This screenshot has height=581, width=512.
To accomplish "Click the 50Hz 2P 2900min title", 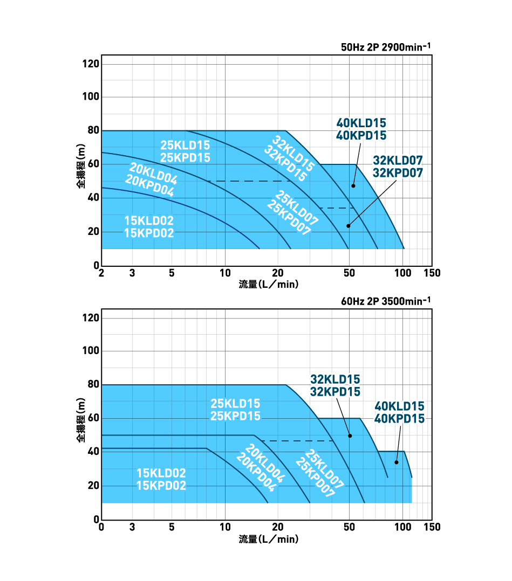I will [x=386, y=47].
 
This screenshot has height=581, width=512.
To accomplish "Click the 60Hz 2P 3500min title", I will [x=386, y=301].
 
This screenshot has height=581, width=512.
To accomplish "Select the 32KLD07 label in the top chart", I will [x=398, y=160].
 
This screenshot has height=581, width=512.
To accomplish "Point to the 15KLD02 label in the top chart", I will [x=149, y=220].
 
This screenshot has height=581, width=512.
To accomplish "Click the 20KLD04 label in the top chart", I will [x=153, y=172].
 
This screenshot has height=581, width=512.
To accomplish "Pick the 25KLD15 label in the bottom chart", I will [x=235, y=404].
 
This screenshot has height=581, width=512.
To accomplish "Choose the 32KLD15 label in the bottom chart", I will [x=335, y=379].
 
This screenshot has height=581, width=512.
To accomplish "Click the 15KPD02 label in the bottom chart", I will [x=161, y=486].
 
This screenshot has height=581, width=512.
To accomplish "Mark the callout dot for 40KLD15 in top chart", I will [x=353, y=186].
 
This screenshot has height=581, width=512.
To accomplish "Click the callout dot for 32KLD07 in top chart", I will [x=348, y=226].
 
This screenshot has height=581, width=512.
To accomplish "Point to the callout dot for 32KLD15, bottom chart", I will [x=350, y=435].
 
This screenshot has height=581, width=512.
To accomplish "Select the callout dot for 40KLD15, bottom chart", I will [x=396, y=462].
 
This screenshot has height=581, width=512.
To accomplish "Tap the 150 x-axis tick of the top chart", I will [x=432, y=273].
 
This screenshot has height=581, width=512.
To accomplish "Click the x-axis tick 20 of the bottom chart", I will [x=278, y=527].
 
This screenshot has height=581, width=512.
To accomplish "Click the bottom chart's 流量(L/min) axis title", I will [x=268, y=538].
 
